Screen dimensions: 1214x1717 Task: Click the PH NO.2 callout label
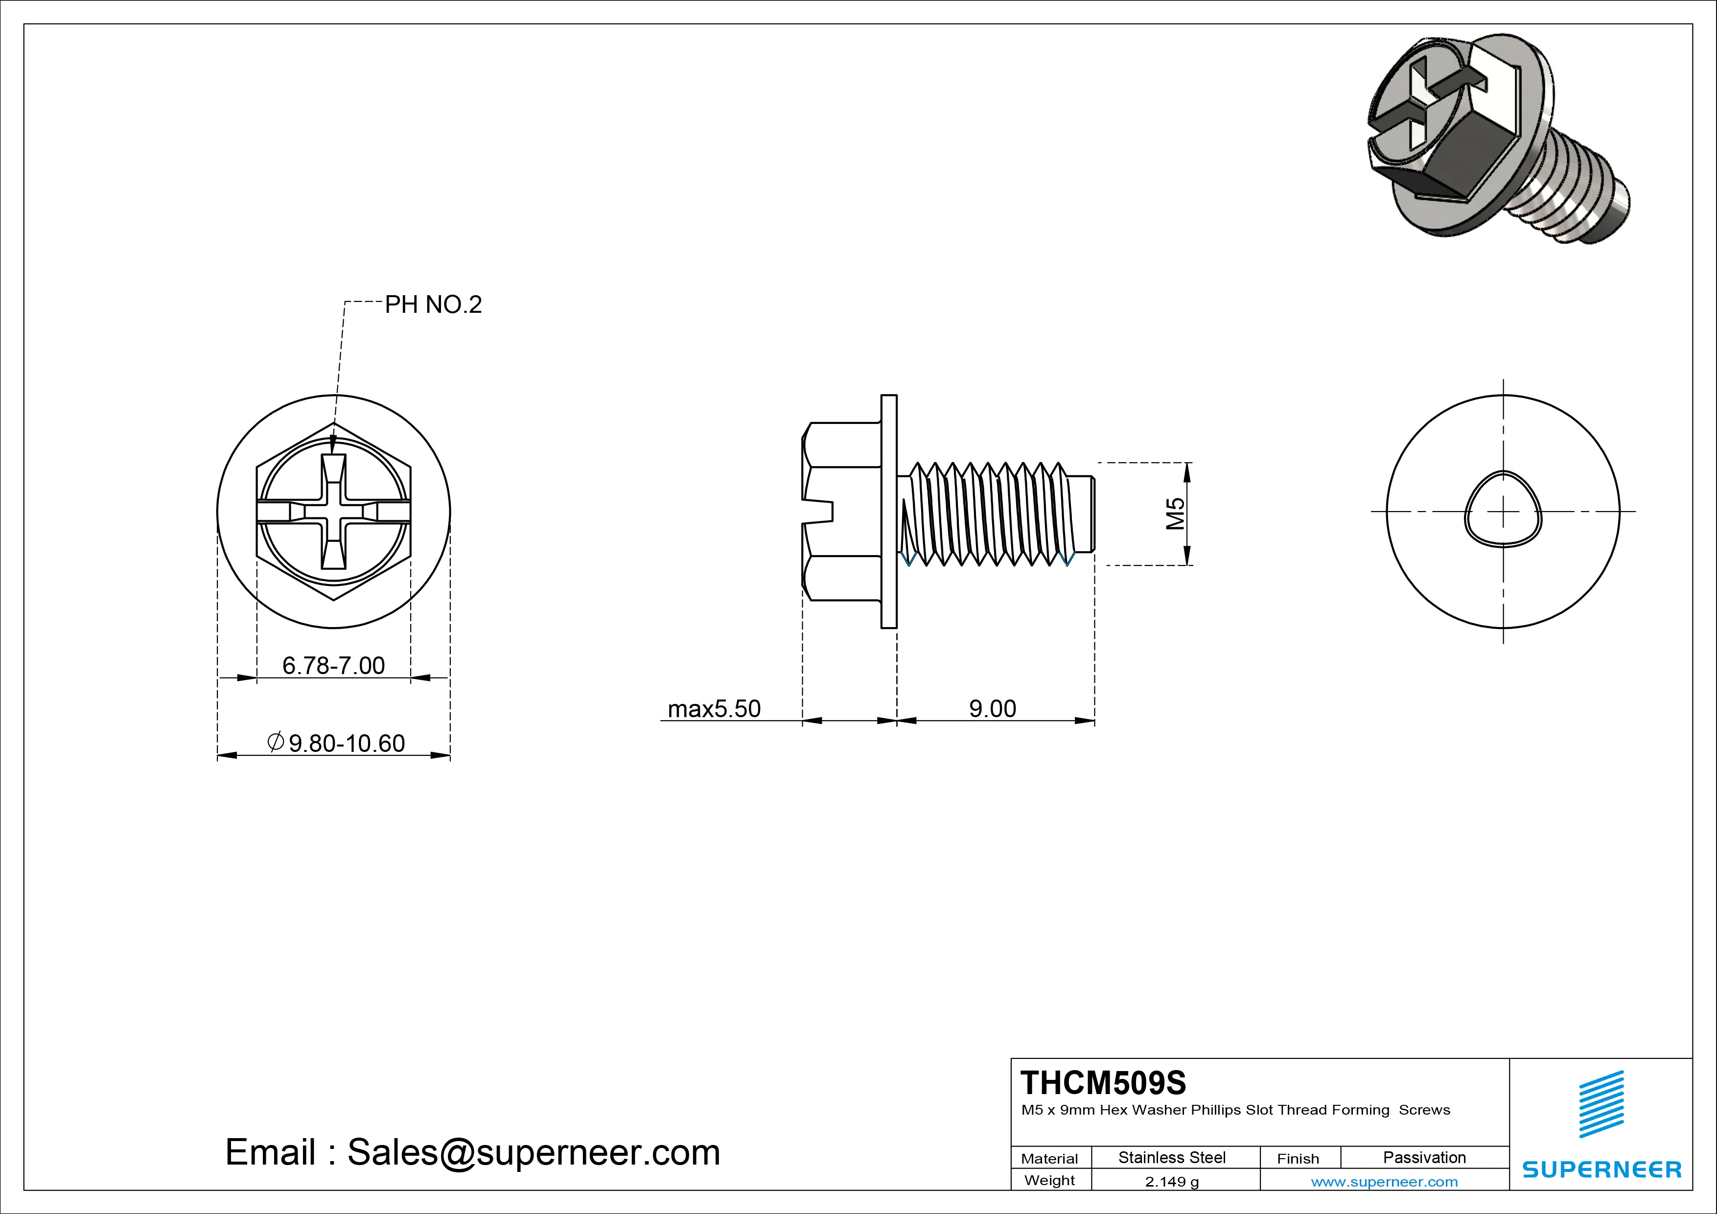pyautogui.click(x=433, y=304)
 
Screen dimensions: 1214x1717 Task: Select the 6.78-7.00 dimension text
pyautogui.click(x=333, y=665)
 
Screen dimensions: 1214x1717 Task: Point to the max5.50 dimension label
pyautogui.click(x=714, y=708)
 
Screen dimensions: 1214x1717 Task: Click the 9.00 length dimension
pyautogui.click(x=992, y=708)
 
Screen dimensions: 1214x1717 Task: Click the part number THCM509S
pyautogui.click(x=1103, y=1082)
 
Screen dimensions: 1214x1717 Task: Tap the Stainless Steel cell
pyautogui.click(x=1172, y=1157)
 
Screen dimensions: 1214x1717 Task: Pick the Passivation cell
pyautogui.click(x=1424, y=1157)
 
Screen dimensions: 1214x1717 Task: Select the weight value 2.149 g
pyautogui.click(x=1172, y=1182)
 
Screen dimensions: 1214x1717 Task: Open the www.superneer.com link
pyautogui.click(x=1384, y=1182)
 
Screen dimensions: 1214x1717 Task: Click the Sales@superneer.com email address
pyautogui.click(x=533, y=1152)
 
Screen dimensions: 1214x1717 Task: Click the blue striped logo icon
pyautogui.click(x=1601, y=1104)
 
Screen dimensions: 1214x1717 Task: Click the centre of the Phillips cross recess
pyautogui.click(x=333, y=512)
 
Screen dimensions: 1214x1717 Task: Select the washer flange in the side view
pyautogui.click(x=888, y=511)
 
